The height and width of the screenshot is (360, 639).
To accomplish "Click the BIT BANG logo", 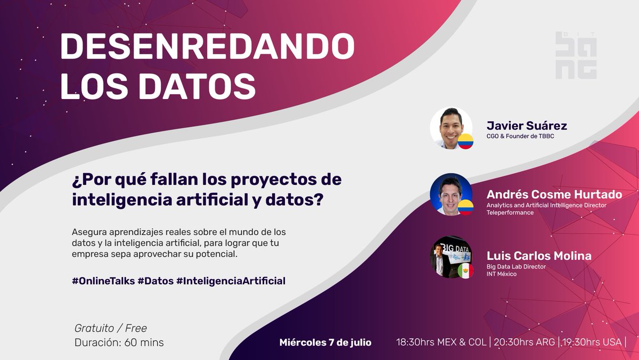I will (x=576, y=56).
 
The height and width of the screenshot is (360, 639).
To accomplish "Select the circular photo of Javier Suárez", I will (x=450, y=128).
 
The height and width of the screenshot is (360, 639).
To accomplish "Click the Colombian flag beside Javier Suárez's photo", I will (x=465, y=142).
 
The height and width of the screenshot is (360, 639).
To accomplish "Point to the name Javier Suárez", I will (x=527, y=126).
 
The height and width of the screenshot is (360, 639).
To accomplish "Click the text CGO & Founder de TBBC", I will (x=521, y=136).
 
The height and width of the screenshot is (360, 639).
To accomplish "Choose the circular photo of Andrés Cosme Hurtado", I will (x=450, y=194).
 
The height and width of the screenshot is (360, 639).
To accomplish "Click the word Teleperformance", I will (x=510, y=212).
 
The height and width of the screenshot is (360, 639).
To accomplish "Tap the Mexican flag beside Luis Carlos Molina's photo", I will (x=465, y=271).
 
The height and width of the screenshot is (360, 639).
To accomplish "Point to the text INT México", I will (x=502, y=274).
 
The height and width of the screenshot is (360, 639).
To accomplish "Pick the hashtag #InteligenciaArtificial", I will (x=231, y=280).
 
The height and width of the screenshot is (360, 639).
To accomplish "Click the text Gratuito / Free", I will (x=111, y=328).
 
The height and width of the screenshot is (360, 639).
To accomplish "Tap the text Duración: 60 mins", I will (x=119, y=342).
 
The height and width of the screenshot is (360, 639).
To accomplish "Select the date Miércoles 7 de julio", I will (x=325, y=342).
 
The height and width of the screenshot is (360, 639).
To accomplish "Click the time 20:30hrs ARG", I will (x=525, y=342).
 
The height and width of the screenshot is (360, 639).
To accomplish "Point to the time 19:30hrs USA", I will (x=592, y=342).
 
